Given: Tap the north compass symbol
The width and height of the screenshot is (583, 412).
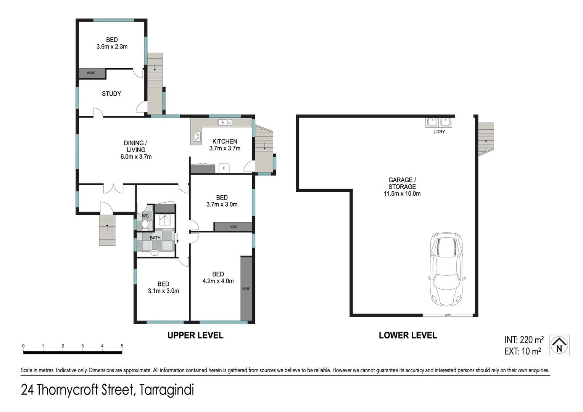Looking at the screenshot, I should pyautogui.click(x=559, y=345).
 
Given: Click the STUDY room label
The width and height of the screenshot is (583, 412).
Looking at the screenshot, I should pyautogui.click(x=111, y=93).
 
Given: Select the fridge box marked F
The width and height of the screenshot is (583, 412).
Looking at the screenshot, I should pyautogui.click(x=224, y=168).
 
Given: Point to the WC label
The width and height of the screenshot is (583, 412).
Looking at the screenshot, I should pyautogui.click(x=145, y=216).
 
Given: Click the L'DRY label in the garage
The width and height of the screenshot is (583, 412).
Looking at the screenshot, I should pyautogui.click(x=439, y=132).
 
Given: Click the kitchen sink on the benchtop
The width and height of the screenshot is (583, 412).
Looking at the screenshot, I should pyautogui.click(x=225, y=122).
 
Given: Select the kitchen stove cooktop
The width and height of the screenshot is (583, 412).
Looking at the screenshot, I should pyautogui.click(x=197, y=137).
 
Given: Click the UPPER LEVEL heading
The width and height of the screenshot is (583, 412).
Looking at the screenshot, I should pyautogui.click(x=195, y=335).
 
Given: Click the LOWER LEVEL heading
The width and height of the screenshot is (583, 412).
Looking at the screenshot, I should pyautogui.click(x=407, y=335).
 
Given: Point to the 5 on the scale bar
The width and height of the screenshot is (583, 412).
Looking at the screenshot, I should pyautogui.click(x=122, y=346).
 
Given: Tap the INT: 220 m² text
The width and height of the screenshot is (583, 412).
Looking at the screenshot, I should pyautogui.click(x=524, y=340).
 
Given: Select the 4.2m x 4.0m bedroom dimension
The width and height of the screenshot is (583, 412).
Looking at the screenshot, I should pyautogui.click(x=218, y=281).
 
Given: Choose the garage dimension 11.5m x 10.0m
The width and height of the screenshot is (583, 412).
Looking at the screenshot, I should pyautogui.click(x=402, y=193).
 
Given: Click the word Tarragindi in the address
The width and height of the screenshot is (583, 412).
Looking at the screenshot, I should pyautogui.click(x=167, y=390).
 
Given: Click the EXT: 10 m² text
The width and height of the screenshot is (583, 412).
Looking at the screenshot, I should pyautogui.click(x=523, y=351).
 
